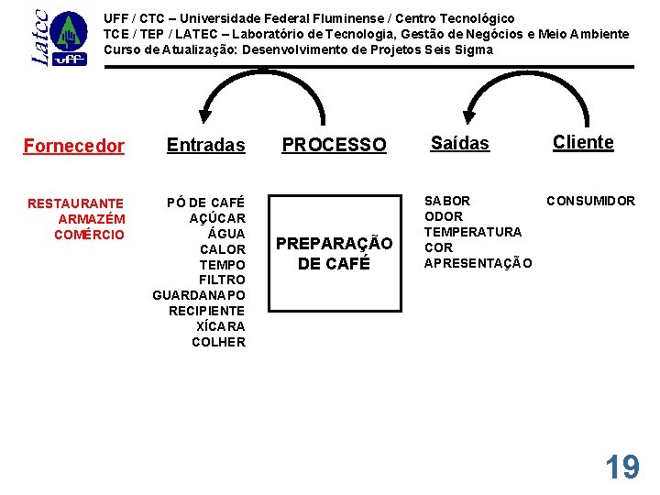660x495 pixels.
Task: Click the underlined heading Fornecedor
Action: click(x=74, y=145)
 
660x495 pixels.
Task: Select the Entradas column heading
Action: click(x=206, y=145)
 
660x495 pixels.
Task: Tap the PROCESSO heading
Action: click(x=334, y=145)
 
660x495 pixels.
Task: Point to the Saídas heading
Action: click(x=460, y=144)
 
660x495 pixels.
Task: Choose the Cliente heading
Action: click(x=583, y=142)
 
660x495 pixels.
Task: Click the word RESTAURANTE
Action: click(x=76, y=203)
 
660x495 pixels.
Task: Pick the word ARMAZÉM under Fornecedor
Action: click(x=92, y=219)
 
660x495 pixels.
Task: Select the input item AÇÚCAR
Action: click(x=217, y=218)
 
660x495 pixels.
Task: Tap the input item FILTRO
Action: click(x=222, y=280)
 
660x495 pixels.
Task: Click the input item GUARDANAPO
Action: click(x=199, y=295)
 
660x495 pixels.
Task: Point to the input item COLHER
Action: click(x=218, y=342)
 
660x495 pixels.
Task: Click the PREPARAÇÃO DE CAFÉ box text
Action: click(x=334, y=253)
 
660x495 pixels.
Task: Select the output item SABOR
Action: click(x=447, y=201)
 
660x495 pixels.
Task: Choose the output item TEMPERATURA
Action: click(x=472, y=232)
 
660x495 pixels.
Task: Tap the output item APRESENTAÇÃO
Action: click(x=478, y=263)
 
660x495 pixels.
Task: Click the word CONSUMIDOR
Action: click(x=591, y=201)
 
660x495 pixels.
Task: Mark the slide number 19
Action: click(x=621, y=467)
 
